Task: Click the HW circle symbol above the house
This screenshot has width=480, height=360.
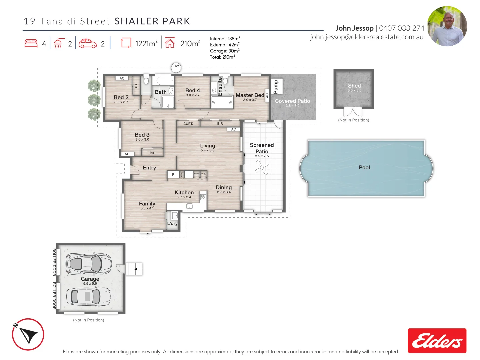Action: (176, 67)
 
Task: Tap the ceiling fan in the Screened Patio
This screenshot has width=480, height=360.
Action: (262, 167)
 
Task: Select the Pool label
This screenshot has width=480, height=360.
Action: (364, 168)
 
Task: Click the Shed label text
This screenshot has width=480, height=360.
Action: (354, 86)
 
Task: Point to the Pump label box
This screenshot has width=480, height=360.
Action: (276, 87)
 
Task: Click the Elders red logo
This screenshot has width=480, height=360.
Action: (437, 341)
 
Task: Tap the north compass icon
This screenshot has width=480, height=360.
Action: (28, 334)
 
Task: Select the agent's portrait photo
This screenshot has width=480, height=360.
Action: (447, 26)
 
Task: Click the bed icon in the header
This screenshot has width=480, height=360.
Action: (31, 44)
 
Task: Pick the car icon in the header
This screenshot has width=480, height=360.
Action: (88, 44)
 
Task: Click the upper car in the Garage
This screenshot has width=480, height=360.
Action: (88, 264)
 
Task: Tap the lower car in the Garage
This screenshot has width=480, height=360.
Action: (88, 296)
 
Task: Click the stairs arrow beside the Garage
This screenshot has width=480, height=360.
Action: (136, 269)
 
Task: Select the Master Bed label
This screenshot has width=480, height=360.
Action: (250, 95)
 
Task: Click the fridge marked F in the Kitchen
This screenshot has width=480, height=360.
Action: (173, 174)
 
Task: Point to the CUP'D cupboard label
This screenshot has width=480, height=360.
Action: (188, 124)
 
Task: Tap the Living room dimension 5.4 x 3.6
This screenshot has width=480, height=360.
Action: (207, 150)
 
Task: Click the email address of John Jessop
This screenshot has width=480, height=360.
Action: (367, 37)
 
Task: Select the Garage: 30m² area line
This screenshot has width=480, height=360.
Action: (225, 51)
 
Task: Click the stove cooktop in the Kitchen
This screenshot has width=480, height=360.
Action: (203, 197)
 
